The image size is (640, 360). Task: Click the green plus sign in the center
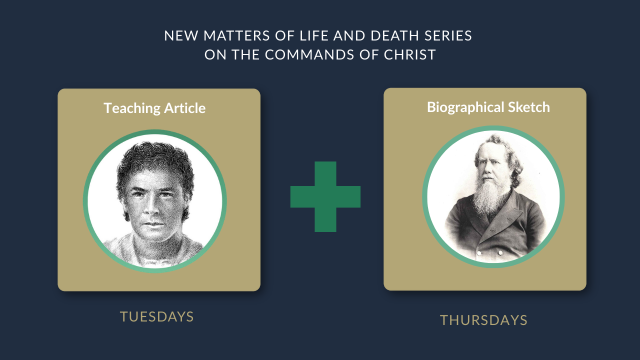[325, 196]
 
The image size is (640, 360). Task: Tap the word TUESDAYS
[157, 316]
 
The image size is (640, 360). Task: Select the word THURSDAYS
[483, 320]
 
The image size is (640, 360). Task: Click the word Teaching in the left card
[132, 108]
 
